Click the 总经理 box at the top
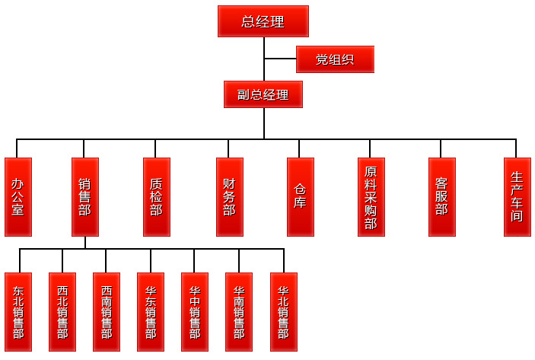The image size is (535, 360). [263, 21]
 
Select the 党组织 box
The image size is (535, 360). [335, 59]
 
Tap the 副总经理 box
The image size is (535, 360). [263, 94]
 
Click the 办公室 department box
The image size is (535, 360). [18, 197]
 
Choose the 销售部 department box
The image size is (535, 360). [84, 197]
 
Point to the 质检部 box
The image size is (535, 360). [157, 197]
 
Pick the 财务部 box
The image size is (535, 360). [229, 197]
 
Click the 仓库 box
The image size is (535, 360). [300, 197]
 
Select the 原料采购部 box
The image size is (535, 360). [371, 197]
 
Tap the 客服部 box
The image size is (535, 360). [441, 197]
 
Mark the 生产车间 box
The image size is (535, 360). [517, 197]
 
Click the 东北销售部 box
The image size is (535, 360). [18, 311]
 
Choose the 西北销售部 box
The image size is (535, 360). [62, 311]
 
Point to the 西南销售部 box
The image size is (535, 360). [107, 311]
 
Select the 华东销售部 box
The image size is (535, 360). [151, 311]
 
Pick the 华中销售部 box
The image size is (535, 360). [195, 311]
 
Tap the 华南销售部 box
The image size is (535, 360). [239, 311]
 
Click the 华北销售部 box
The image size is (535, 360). [283, 311]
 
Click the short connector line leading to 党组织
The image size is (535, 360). [280, 59]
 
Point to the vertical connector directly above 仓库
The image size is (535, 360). [300, 148]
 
